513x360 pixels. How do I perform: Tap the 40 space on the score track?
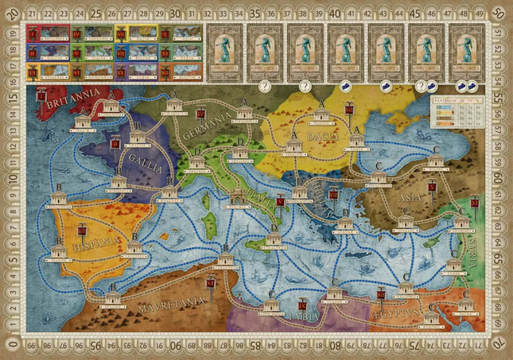pos(333,13)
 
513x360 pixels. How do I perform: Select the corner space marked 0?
pos(10,346)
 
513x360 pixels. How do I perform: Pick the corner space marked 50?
pos(498,12)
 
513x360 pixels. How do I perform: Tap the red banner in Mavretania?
pos(210,283)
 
